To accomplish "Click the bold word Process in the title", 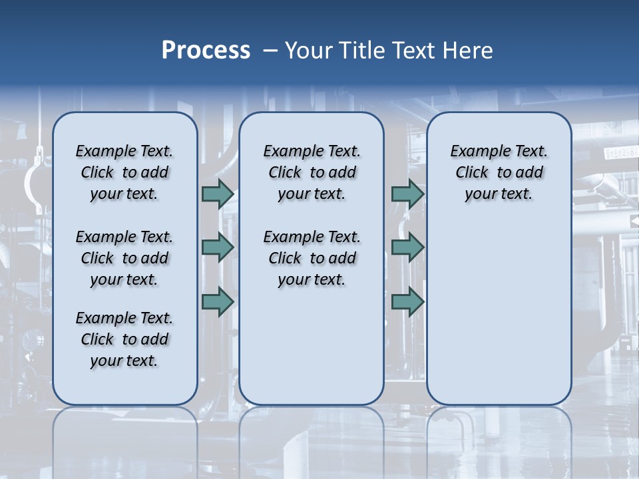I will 206,51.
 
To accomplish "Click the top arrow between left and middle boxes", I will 218,194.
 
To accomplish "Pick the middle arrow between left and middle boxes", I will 218,247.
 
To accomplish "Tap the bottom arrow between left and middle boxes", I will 218,301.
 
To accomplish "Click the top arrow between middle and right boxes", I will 407,194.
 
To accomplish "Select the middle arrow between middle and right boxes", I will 407,247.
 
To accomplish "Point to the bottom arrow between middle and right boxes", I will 407,301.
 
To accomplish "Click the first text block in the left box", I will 124,172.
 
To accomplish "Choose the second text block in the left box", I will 124,258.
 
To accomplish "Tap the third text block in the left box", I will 124,339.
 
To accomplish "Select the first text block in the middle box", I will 312,172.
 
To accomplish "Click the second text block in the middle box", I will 312,258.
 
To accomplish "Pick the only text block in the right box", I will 499,172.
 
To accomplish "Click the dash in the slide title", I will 270,51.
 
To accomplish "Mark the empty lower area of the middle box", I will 312,346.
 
